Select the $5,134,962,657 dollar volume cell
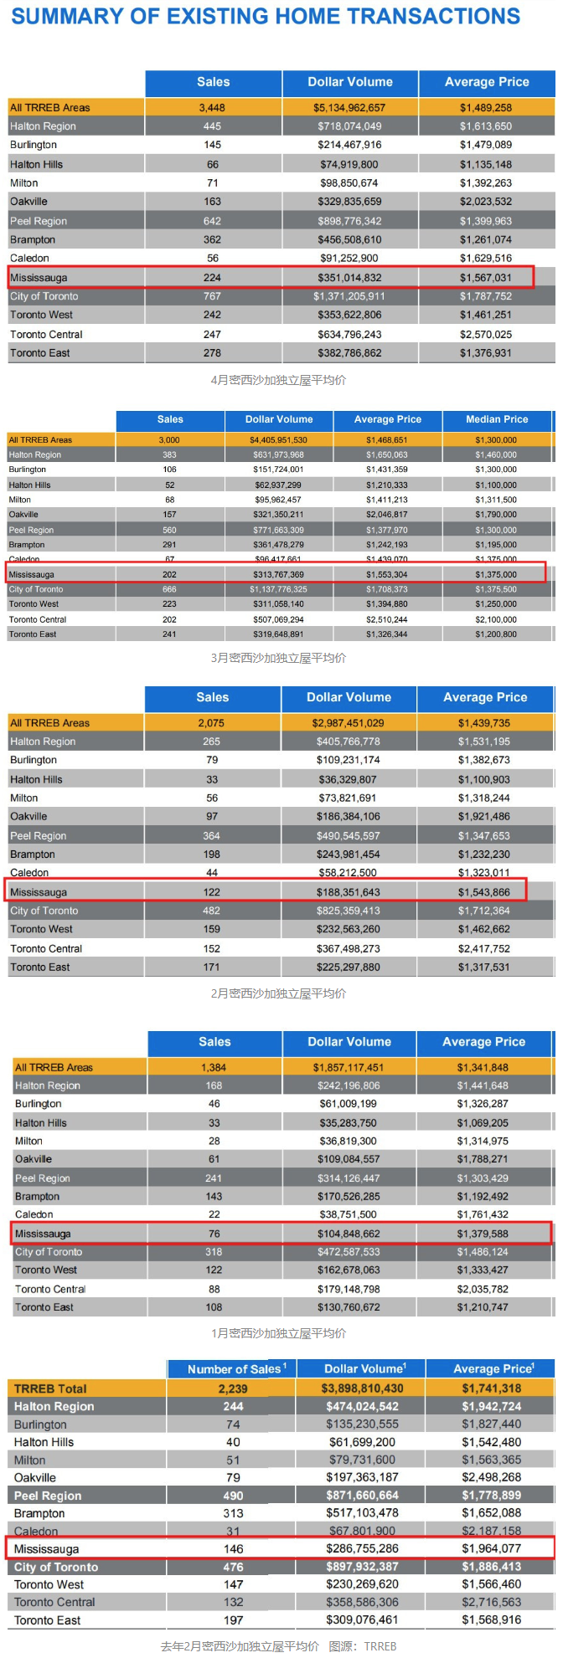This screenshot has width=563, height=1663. tap(349, 108)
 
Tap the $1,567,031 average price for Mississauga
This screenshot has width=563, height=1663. tap(485, 278)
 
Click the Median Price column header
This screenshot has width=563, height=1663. tap(497, 419)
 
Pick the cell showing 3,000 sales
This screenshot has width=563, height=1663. tap(169, 440)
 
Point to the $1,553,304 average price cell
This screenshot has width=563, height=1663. tap(386, 575)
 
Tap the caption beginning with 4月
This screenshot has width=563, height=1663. tap(278, 380)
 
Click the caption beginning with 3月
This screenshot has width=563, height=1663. tap(278, 658)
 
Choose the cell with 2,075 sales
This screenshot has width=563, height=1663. tap(211, 723)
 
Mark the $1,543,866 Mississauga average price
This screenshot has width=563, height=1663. tap(483, 892)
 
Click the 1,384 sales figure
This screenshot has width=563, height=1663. tap(214, 1068)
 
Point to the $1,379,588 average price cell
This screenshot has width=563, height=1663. tap(483, 1234)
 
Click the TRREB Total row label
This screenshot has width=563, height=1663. tap(50, 1388)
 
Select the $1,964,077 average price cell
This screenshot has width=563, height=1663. tap(491, 1548)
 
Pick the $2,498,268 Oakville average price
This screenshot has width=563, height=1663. tap(491, 1477)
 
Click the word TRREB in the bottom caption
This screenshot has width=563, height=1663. tap(380, 1645)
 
